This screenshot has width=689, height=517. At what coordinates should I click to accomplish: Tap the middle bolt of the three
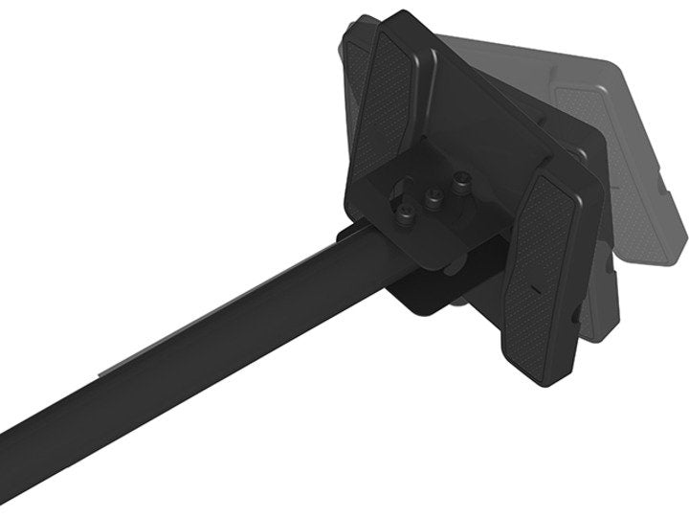(x=434, y=198)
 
